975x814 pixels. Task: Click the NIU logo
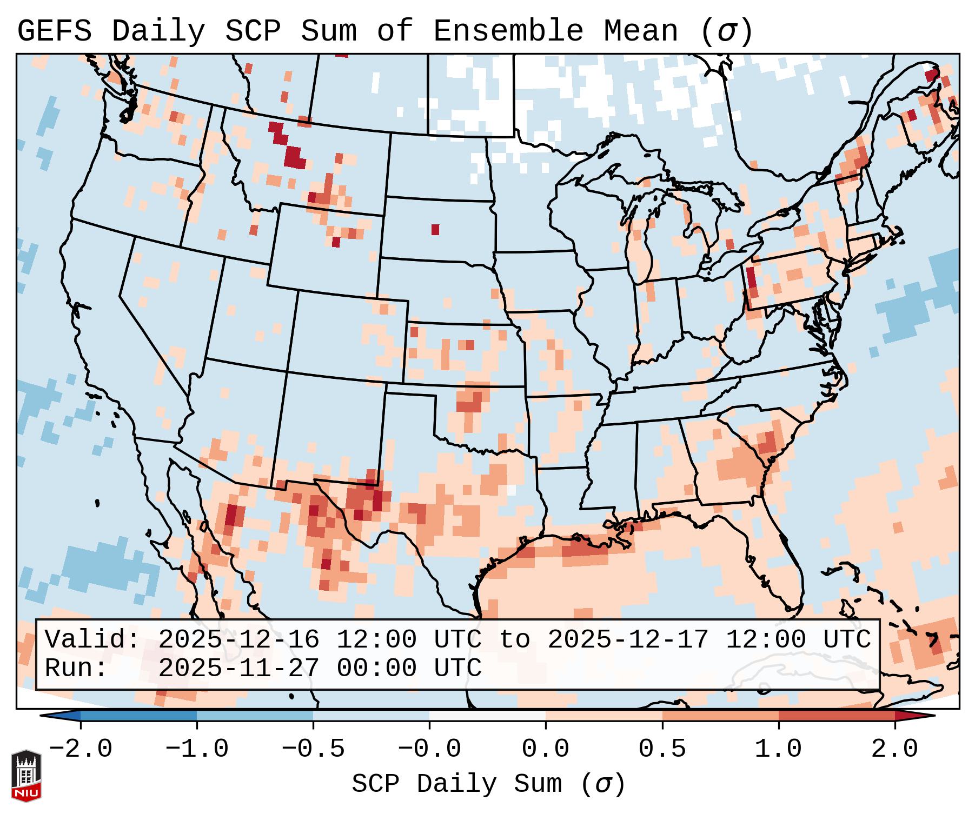click(x=26, y=776)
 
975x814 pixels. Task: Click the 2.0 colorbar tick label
click(x=895, y=749)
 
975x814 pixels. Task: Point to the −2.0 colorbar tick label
click(x=81, y=749)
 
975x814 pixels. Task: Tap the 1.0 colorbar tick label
click(x=778, y=749)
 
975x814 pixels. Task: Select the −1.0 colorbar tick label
click(x=196, y=749)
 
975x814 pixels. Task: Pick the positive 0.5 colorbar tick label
click(x=662, y=749)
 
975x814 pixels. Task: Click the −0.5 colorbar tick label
click(x=313, y=749)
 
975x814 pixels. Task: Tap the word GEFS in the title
click(x=54, y=31)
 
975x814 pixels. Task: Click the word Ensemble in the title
click(x=508, y=31)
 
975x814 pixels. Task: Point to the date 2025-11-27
click(x=239, y=668)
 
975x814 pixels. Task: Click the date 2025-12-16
click(x=239, y=639)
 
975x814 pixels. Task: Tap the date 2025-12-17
click(x=628, y=639)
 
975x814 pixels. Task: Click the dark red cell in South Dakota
click(x=435, y=229)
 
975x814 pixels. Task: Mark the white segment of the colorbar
click(x=487, y=716)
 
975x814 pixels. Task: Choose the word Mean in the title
click(x=641, y=31)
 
